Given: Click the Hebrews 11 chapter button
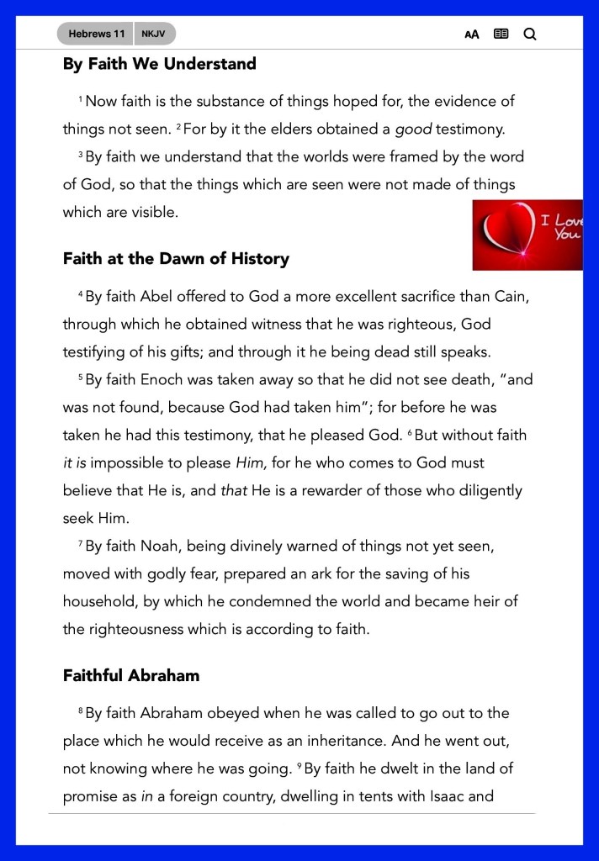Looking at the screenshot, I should pyautogui.click(x=96, y=34).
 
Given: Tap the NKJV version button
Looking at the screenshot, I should pyautogui.click(x=153, y=34).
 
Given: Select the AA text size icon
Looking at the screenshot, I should pyautogui.click(x=472, y=34).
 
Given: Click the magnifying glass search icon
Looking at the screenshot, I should pyautogui.click(x=530, y=34).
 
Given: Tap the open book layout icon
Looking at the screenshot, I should pyautogui.click(x=501, y=34).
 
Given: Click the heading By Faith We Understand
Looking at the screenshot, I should pyautogui.click(x=159, y=64).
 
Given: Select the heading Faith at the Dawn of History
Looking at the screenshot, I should pyautogui.click(x=176, y=259).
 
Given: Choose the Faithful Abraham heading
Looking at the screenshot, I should pyautogui.click(x=130, y=675).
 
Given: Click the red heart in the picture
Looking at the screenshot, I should pyautogui.click(x=505, y=232).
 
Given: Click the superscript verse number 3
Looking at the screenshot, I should pyautogui.click(x=81, y=155).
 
